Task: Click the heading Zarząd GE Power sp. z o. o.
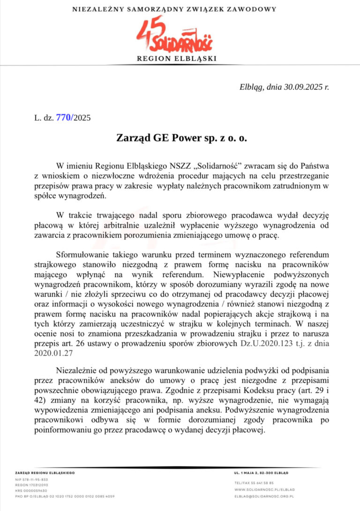181,139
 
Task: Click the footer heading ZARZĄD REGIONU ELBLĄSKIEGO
45,473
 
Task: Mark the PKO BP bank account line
65,496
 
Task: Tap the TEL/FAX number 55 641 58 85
254,482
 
